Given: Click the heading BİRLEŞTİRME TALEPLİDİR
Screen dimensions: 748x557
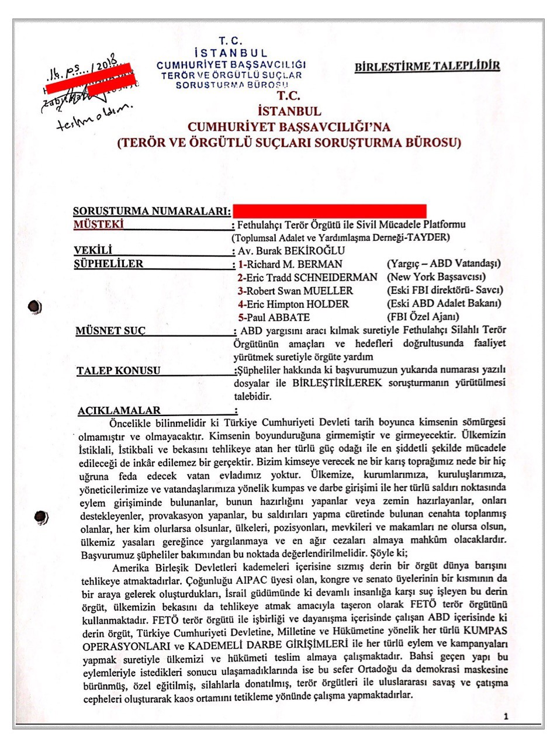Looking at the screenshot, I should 427,66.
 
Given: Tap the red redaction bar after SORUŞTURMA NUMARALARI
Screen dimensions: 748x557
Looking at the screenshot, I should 329,211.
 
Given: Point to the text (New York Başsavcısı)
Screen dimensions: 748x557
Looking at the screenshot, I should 436,277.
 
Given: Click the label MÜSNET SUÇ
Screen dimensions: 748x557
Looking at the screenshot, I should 110,331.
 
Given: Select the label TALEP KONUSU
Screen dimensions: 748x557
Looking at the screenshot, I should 118,370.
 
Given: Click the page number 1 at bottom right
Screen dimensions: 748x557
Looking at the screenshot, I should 506,716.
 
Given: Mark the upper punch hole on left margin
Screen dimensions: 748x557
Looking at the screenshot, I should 35,307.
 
